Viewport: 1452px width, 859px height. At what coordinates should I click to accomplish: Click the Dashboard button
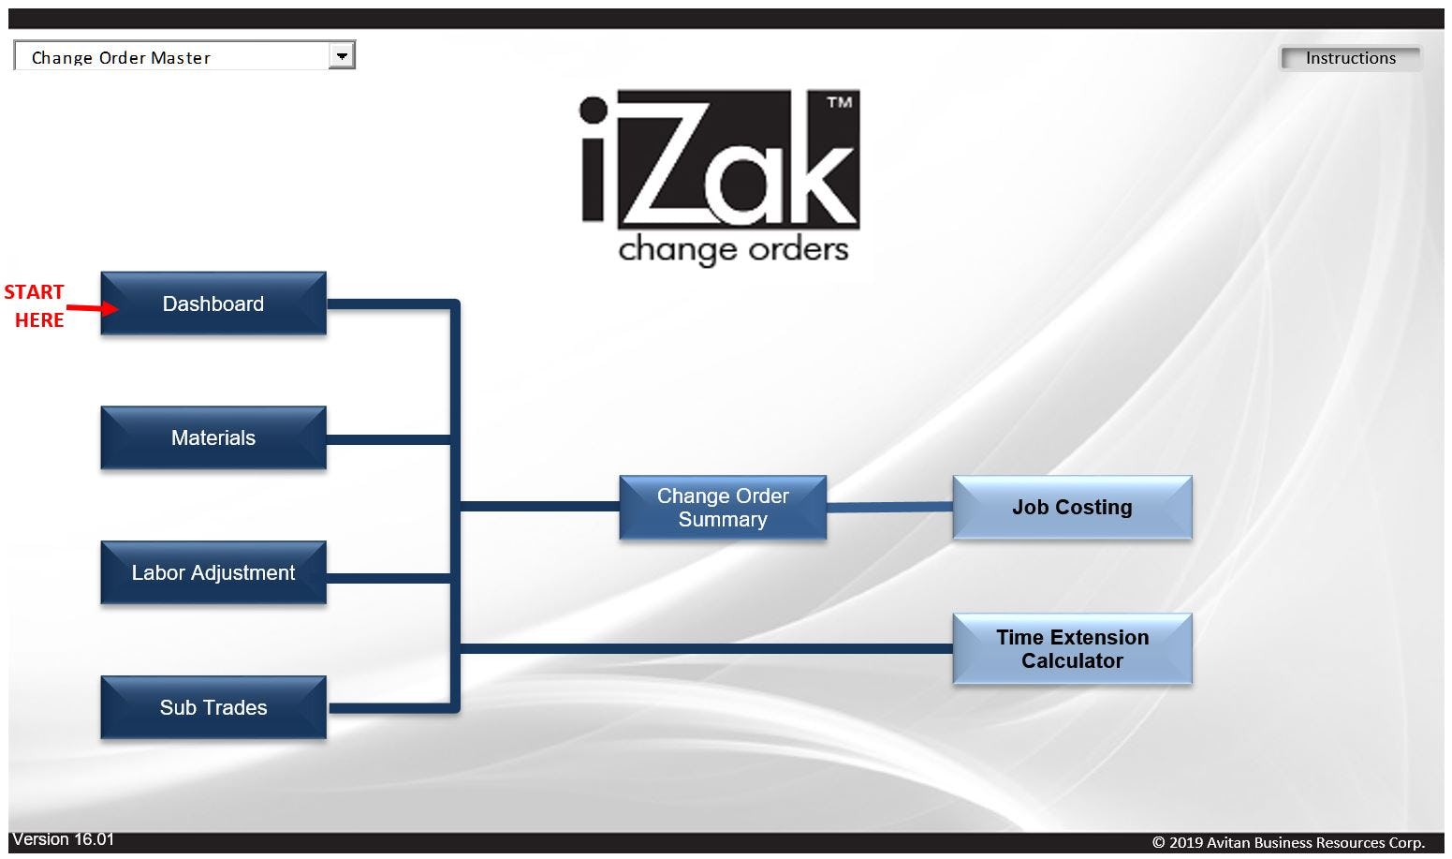(213, 304)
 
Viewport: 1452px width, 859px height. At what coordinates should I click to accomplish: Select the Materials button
(213, 437)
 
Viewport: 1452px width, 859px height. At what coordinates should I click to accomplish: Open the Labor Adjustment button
(213, 572)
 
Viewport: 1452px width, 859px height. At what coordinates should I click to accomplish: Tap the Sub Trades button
(213, 707)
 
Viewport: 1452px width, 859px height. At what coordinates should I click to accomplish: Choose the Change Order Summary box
(723, 508)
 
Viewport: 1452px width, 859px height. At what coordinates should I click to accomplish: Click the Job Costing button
(1072, 508)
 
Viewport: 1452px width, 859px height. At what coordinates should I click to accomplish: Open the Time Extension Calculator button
(1072, 649)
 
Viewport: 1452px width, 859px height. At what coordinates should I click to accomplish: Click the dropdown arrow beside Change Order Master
(342, 56)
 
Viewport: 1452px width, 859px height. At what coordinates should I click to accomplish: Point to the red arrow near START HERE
(92, 307)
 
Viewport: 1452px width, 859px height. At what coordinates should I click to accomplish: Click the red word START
(34, 292)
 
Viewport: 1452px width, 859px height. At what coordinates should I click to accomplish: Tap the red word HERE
(39, 320)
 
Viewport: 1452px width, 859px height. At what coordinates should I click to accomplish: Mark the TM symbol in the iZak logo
(839, 103)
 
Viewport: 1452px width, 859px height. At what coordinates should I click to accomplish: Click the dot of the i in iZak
(594, 111)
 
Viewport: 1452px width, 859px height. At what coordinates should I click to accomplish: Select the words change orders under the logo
(733, 250)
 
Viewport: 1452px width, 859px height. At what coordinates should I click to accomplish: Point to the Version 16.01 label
(63, 839)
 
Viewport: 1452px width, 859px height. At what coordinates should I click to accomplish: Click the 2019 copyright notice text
(1288, 842)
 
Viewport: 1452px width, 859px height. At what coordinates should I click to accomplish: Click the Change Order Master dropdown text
(121, 57)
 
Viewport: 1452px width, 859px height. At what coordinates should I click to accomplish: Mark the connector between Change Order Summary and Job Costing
(889, 507)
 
